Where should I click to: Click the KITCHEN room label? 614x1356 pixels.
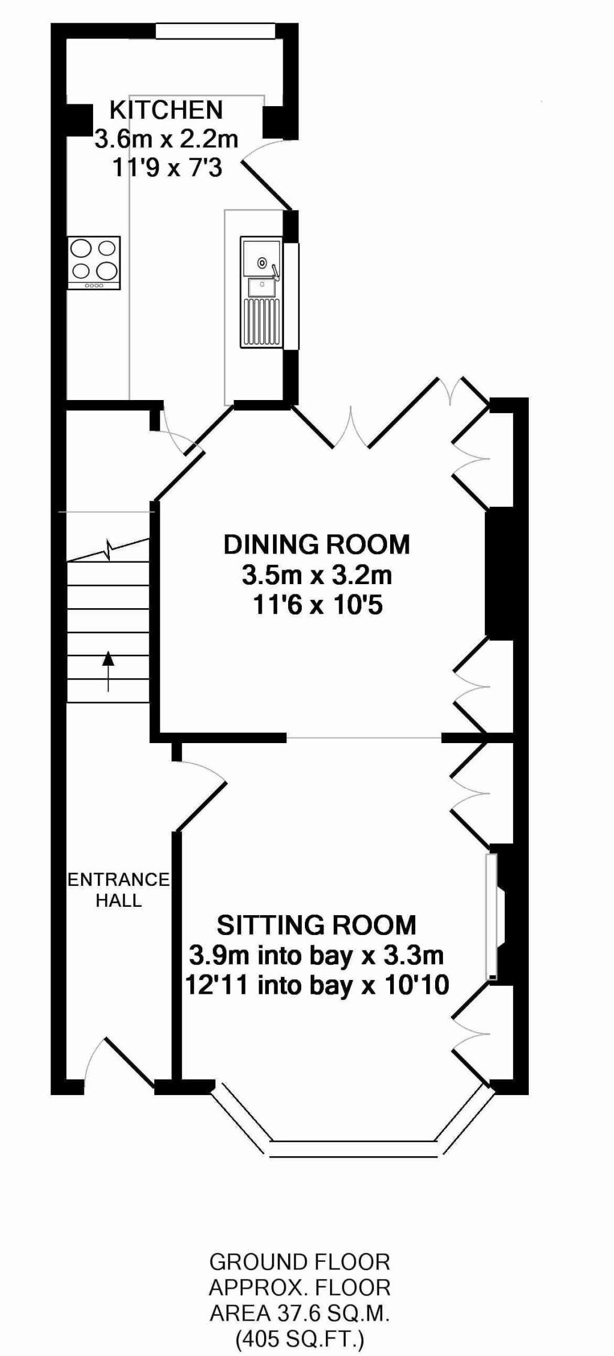click(166, 110)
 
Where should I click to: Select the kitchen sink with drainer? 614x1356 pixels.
click(261, 292)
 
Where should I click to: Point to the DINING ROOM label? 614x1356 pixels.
click(317, 545)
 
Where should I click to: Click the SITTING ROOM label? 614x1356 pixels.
click(316, 925)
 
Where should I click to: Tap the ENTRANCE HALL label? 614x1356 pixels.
click(119, 890)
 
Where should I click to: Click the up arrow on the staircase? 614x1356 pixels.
click(108, 671)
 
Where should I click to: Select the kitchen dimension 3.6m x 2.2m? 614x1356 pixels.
click(166, 139)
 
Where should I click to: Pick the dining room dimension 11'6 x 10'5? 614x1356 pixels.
click(318, 606)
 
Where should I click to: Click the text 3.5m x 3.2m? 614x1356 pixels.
click(317, 576)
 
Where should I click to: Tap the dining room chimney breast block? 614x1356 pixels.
click(499, 572)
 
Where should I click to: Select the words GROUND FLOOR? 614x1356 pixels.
click(299, 1262)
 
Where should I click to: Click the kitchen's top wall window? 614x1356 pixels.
click(215, 31)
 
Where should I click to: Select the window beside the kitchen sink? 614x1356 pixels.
click(291, 296)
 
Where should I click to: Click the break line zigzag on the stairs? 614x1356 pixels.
click(108, 549)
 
